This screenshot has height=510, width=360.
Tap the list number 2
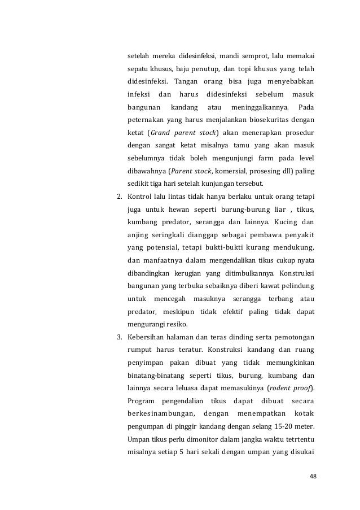click(x=119, y=198)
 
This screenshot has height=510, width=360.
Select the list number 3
click(x=119, y=338)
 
